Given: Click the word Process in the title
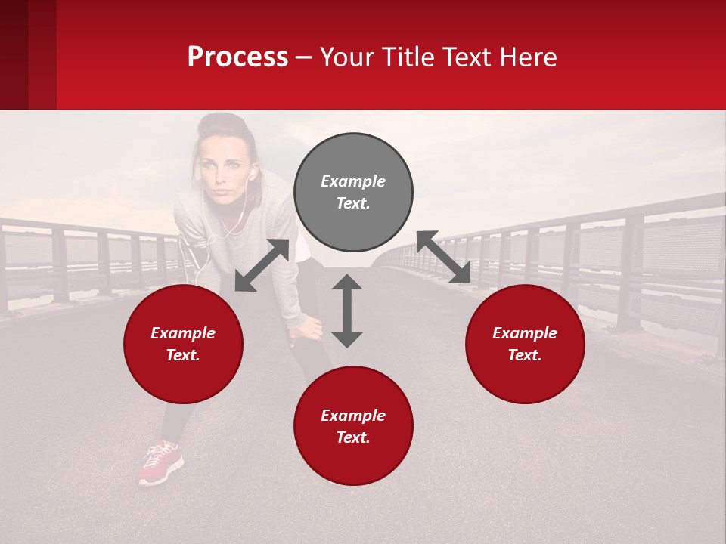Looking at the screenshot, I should point(237,57).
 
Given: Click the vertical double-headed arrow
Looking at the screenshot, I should point(347,311).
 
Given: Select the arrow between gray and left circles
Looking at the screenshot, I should point(262,265).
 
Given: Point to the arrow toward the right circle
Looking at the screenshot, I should point(443,258).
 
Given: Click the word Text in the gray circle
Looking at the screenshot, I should point(352,203).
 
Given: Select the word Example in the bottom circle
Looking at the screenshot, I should point(353,416).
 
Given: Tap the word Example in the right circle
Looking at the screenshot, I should point(525,333).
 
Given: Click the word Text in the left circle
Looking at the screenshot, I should point(183,355).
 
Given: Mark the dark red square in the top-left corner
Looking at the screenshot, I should point(28,54).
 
